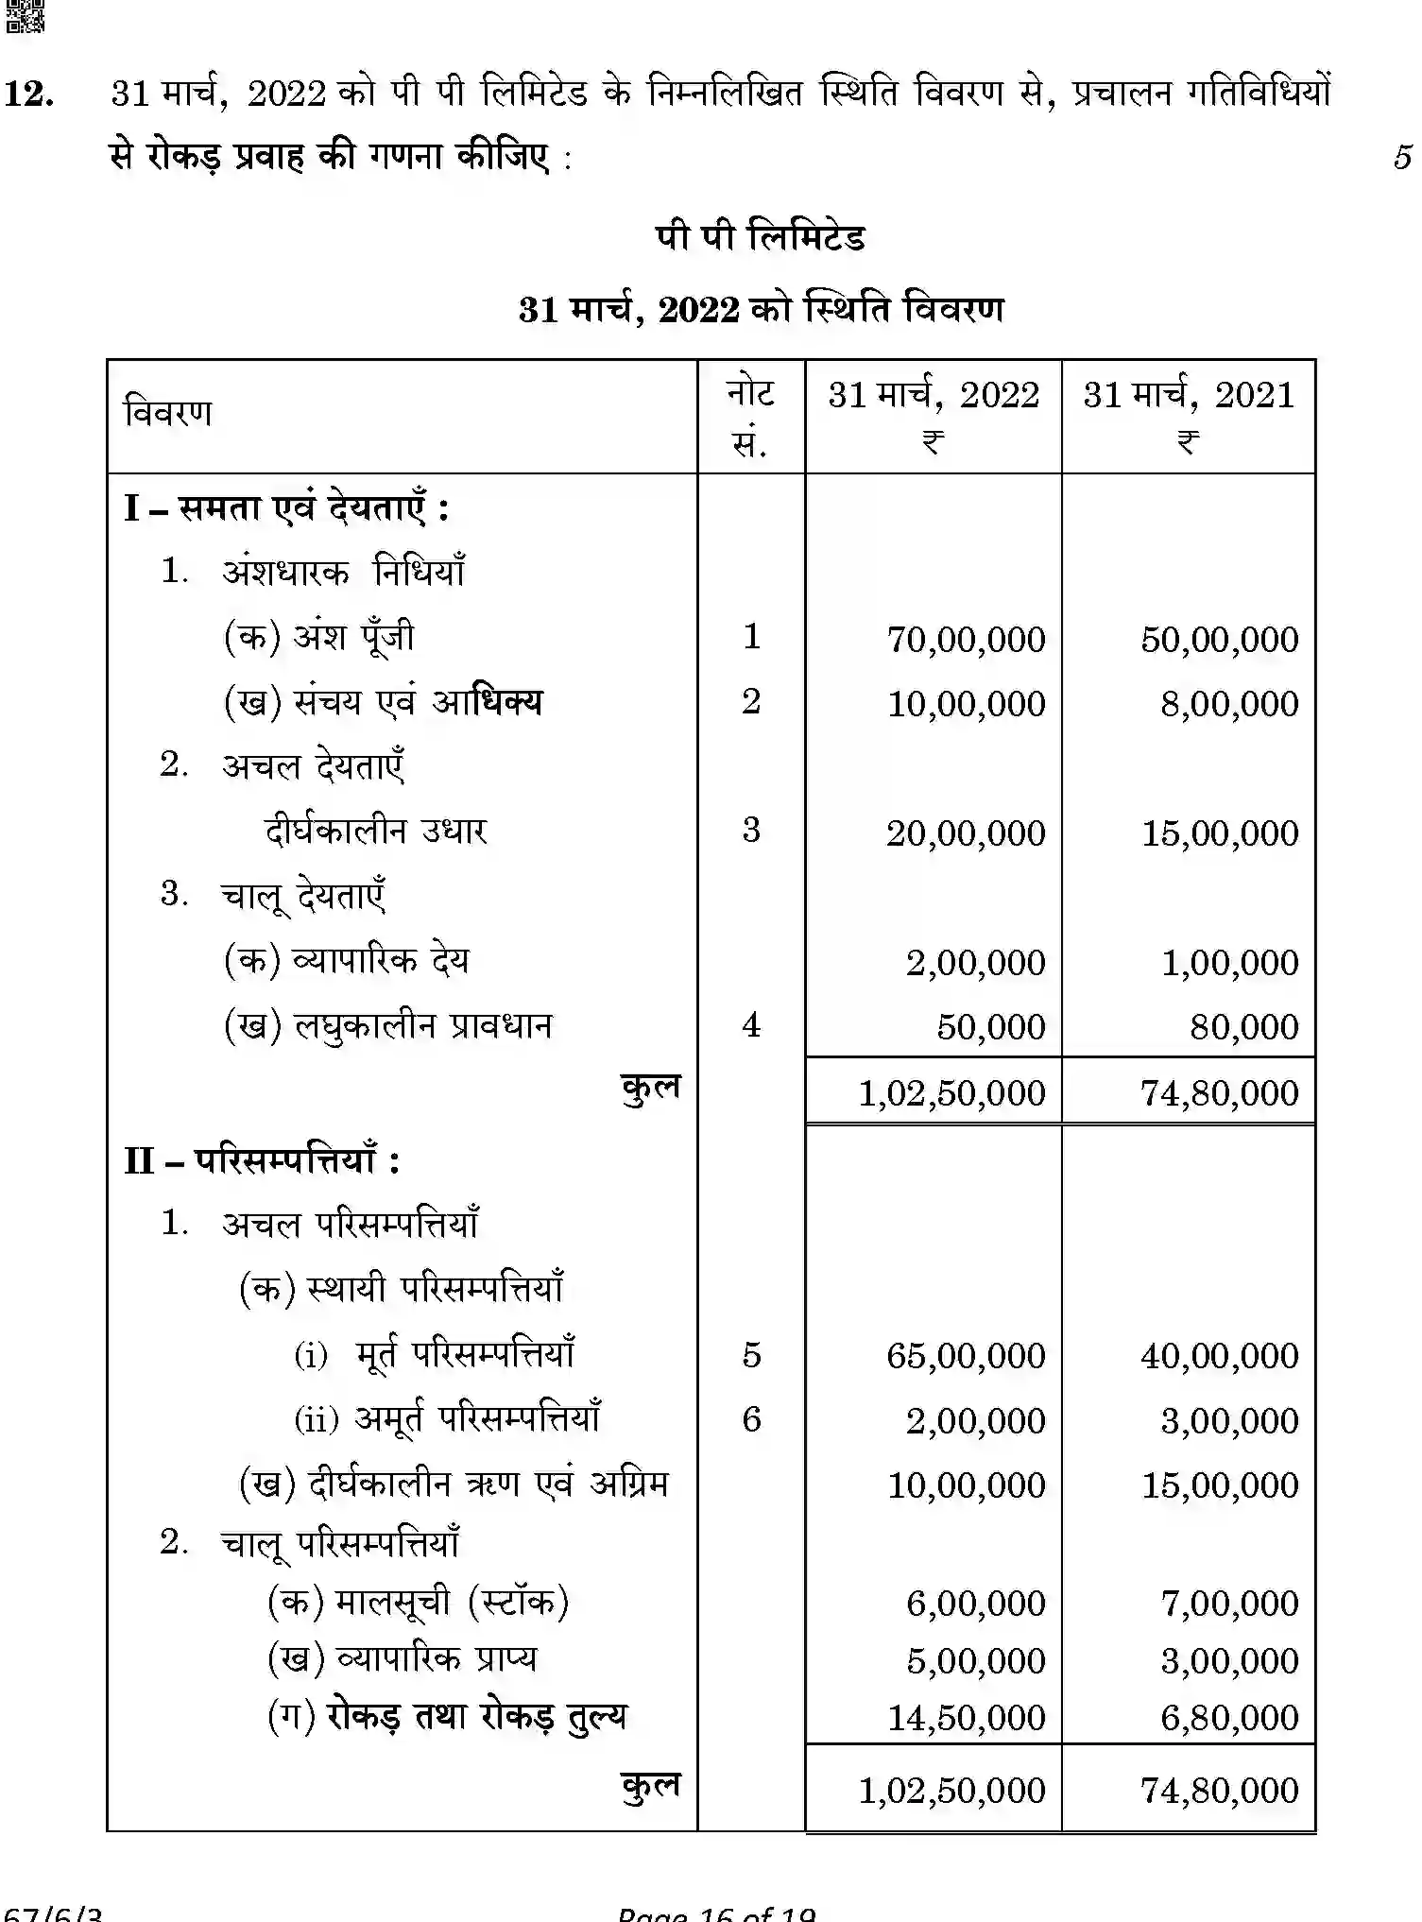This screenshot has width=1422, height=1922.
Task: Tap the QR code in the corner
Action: coord(25,16)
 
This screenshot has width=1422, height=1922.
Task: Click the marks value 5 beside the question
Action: coord(1402,157)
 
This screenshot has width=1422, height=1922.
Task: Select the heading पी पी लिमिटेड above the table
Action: coord(760,237)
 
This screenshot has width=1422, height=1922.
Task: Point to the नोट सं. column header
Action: coord(750,416)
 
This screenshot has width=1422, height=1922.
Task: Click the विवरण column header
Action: coord(168,413)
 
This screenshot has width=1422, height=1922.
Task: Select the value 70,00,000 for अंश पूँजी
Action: coord(966,640)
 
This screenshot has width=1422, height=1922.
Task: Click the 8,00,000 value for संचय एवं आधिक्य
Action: coord(1229,704)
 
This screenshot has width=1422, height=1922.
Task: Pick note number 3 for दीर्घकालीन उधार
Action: coord(751,830)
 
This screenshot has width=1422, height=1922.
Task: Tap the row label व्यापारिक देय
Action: coord(381,960)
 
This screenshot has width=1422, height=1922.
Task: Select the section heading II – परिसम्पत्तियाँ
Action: coord(262,1159)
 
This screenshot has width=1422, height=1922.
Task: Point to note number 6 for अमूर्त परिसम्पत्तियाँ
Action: coord(751,1419)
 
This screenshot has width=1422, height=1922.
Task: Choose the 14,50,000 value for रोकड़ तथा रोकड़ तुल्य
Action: coord(966,1718)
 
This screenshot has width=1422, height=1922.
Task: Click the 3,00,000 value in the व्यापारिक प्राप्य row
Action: coord(1229,1660)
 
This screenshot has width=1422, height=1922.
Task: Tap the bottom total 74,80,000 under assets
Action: coord(1219,1791)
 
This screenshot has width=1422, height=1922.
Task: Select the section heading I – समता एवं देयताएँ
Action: coord(286,508)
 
